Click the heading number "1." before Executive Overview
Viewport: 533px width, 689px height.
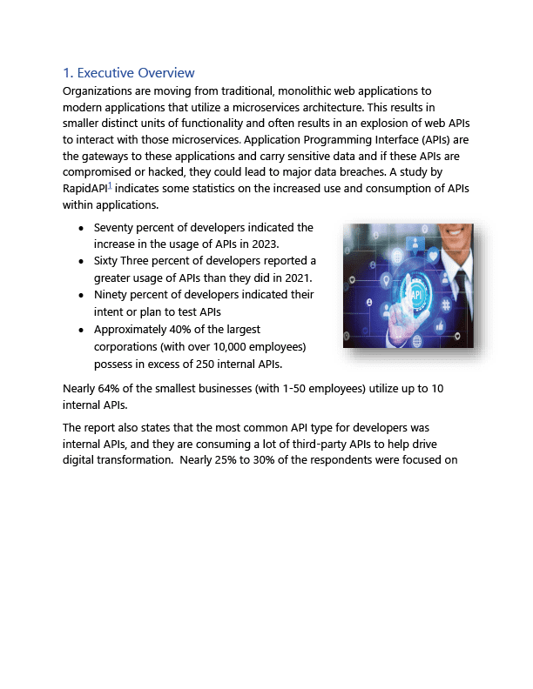click(x=68, y=73)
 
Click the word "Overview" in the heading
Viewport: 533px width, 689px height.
click(x=165, y=73)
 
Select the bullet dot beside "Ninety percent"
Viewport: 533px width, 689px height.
click(x=81, y=296)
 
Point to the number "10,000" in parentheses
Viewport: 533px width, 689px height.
click(x=223, y=346)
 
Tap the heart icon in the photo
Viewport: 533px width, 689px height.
click(x=433, y=255)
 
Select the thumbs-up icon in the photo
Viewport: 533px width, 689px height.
click(x=440, y=325)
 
